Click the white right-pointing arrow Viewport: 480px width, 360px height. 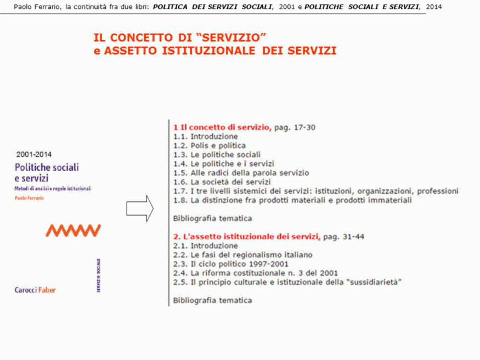pos(140,209)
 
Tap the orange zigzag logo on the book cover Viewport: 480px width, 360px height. pos(74,230)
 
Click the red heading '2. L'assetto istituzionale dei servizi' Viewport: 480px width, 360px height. pos(246,237)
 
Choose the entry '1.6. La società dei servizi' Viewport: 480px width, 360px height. pos(222,182)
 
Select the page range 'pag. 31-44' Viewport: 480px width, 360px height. pos(343,237)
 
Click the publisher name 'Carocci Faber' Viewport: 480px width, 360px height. pos(35,290)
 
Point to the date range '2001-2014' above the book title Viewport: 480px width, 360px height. pos(35,155)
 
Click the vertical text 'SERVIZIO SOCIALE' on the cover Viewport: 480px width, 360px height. pos(98,277)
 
